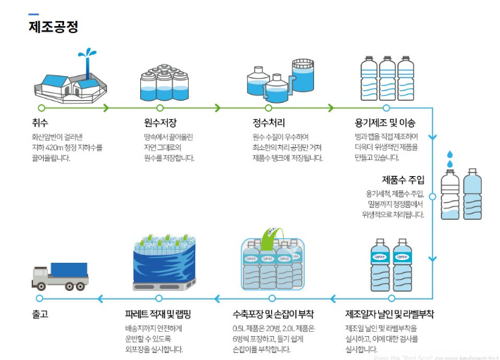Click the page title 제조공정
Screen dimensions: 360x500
(54, 27)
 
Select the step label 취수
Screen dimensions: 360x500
(39, 123)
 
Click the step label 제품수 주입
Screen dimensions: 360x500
(403, 180)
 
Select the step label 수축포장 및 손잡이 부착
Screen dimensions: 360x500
(273, 314)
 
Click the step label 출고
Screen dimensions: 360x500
(40, 314)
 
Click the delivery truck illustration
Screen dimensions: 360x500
(60, 276)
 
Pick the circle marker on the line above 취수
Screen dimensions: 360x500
(42, 108)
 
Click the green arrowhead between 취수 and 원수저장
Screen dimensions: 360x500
(106, 108)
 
